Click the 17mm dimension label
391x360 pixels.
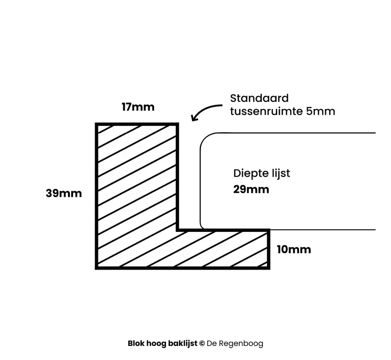[138, 107]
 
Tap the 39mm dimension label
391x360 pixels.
[64, 193]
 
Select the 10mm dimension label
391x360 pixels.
[294, 250]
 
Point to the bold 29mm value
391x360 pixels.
[251, 190]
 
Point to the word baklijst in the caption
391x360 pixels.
[182, 344]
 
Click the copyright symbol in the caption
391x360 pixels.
[202, 344]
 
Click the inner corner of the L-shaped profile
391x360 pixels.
[177, 230]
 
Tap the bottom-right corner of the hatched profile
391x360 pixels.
[268, 267]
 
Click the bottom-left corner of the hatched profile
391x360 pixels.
[97, 267]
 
